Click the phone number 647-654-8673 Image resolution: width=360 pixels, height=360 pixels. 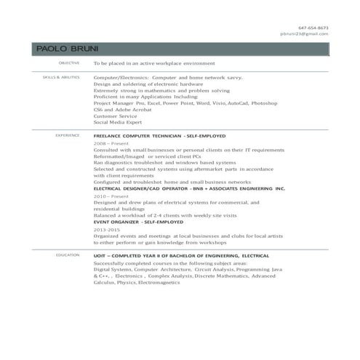314,28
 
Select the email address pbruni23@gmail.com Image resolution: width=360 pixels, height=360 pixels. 305,33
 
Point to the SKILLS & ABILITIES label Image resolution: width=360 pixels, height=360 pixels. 61,76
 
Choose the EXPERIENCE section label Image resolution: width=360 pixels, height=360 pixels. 68,135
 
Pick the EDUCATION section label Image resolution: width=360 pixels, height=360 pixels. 68,255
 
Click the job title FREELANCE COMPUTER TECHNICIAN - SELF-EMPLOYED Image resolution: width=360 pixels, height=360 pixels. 159,136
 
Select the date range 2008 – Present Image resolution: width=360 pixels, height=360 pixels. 111,144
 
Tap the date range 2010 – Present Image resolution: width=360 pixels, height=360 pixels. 111,196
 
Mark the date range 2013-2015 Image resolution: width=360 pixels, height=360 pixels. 108,229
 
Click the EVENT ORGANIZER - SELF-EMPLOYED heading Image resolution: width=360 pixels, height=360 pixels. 137,223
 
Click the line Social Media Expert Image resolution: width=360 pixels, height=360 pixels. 121,123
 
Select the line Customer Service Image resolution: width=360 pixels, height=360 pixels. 116,116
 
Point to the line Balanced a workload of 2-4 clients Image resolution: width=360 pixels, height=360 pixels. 165,215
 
